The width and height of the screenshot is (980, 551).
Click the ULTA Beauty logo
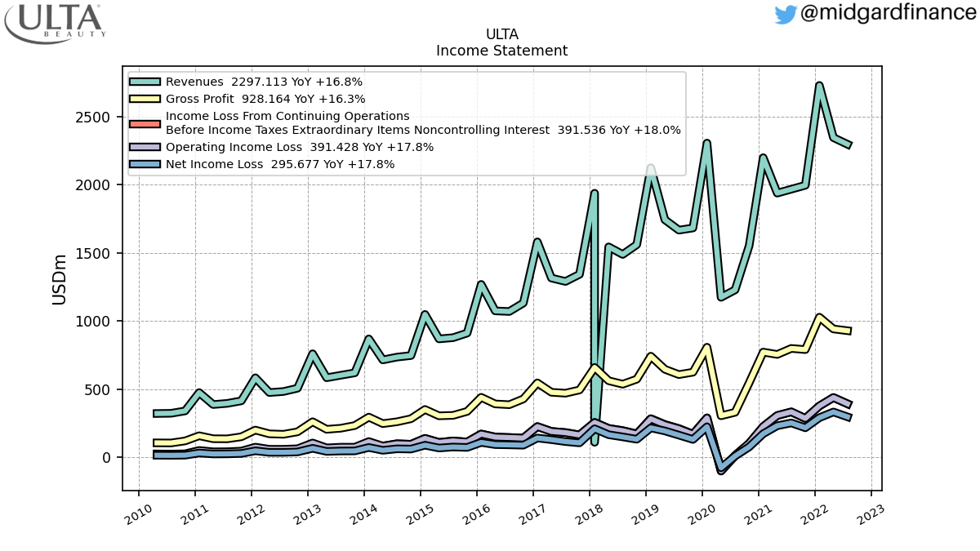tap(55, 23)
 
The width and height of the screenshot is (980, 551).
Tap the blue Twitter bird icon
tap(786, 15)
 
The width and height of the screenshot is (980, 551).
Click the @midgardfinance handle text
tap(889, 12)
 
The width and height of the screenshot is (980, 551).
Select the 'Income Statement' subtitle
tap(501, 51)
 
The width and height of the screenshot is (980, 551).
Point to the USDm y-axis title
tap(59, 280)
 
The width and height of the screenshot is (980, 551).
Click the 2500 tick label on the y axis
tap(92, 118)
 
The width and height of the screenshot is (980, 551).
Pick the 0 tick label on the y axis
tap(106, 458)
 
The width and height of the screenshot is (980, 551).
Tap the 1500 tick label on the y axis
tap(92, 254)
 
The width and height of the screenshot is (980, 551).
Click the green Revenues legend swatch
tap(145, 82)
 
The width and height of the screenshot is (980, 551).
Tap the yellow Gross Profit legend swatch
tap(145, 99)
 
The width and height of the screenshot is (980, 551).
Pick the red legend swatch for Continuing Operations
tap(145, 124)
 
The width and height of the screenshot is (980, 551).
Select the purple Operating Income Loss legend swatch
tap(145, 147)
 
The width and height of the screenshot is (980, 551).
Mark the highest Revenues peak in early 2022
tap(819, 85)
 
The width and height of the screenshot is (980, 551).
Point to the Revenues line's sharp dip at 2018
tap(595, 442)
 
